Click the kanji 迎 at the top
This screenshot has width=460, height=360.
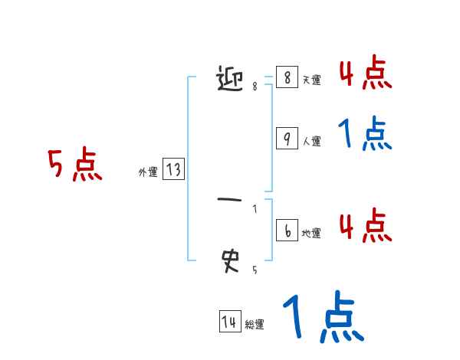[232, 78]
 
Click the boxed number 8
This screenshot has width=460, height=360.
[286, 78]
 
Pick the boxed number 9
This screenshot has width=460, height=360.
[286, 139]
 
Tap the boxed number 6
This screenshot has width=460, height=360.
[286, 231]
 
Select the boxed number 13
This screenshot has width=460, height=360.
[173, 170]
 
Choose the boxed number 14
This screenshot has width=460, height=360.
[228, 322]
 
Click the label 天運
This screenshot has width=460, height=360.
[311, 80]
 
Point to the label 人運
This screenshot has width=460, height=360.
[311, 142]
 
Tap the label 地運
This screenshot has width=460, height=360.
[311, 234]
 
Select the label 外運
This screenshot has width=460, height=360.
[148, 173]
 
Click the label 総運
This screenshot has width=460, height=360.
[255, 325]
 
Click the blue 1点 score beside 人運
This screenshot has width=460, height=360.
[364, 134]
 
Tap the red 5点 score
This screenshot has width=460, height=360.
[74, 165]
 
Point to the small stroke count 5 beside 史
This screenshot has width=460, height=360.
[255, 270]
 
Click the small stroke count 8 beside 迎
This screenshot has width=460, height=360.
[255, 87]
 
